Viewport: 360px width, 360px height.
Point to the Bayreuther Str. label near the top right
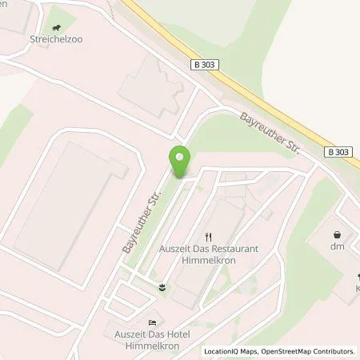tap(268, 134)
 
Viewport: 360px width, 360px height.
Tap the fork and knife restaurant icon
tap(209, 236)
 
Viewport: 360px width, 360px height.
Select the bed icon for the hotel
tap(153, 322)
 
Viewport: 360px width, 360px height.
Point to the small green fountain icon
tap(164, 286)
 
